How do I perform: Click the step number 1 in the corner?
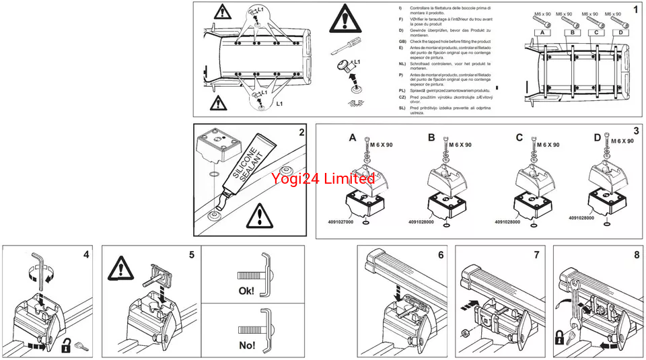pos(635,10)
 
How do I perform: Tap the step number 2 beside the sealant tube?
pos(301,133)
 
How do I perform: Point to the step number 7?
pos(536,255)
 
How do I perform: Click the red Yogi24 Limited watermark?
pos(323,178)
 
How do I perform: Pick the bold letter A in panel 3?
pos(353,138)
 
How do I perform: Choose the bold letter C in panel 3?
pos(519,138)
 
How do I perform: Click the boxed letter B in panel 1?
pos(573,32)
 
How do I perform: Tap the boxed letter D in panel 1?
pos(621,32)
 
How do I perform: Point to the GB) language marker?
pos(402,42)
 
